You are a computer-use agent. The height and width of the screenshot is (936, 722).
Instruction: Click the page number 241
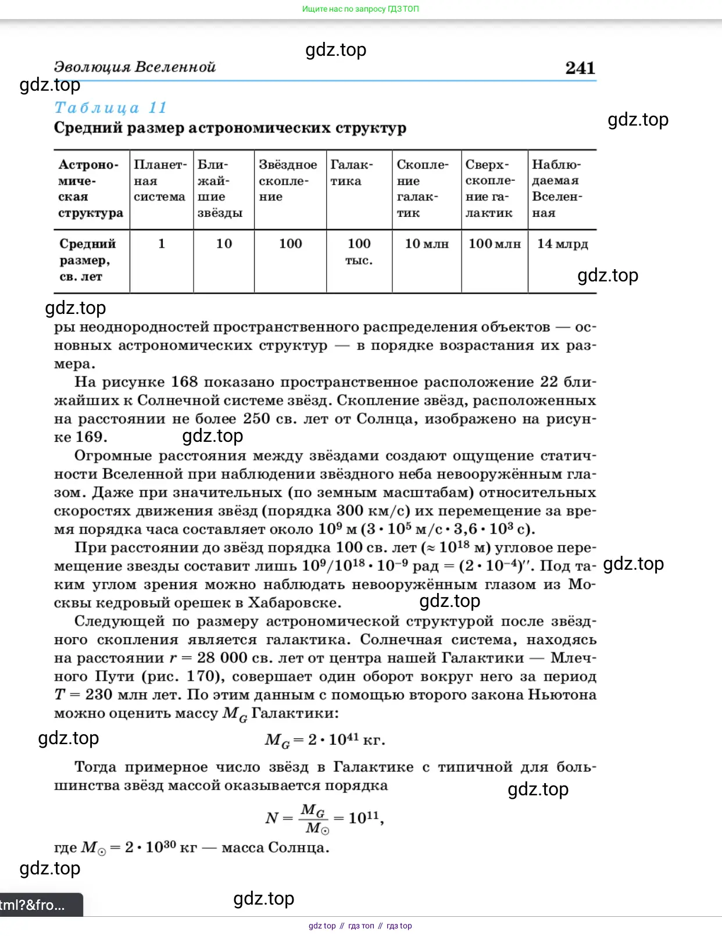[580, 68]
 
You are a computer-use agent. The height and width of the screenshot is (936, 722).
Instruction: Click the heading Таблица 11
[110, 108]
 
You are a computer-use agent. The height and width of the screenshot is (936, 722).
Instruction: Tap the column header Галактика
[352, 173]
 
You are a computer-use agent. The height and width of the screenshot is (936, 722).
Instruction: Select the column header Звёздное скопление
[288, 180]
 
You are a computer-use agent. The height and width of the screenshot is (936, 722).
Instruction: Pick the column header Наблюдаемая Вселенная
[557, 188]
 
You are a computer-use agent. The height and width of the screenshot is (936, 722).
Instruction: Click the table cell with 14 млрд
[562, 244]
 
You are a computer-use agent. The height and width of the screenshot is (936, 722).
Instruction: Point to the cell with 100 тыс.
[359, 251]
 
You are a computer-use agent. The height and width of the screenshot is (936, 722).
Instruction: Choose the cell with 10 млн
[427, 244]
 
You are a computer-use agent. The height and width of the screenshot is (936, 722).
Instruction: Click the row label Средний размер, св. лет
[87, 259]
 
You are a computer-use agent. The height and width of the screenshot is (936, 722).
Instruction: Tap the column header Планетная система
[160, 180]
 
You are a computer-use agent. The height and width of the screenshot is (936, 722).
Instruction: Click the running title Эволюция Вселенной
[134, 67]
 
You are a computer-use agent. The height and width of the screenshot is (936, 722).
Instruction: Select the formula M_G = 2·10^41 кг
[324, 740]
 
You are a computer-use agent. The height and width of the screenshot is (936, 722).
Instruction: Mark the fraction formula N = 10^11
[324, 818]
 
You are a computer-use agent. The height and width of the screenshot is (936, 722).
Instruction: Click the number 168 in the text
[184, 382]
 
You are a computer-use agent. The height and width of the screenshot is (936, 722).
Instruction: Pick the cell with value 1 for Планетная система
[161, 244]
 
